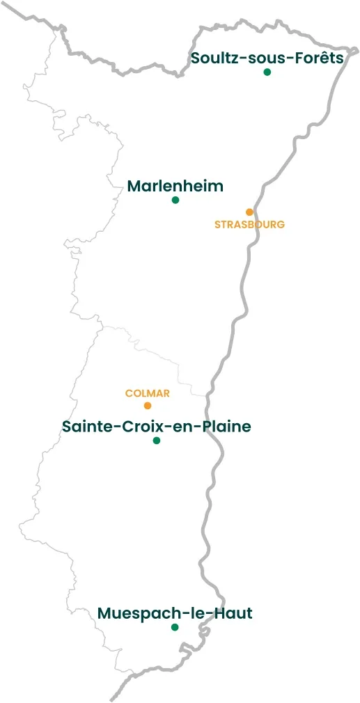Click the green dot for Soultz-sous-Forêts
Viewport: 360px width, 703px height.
(267, 72)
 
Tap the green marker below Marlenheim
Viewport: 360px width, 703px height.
(175, 200)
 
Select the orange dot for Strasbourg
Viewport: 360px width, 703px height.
(249, 212)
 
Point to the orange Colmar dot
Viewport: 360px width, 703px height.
(148, 406)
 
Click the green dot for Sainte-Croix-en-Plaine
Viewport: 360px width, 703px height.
(157, 441)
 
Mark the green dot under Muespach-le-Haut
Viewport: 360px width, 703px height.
(175, 627)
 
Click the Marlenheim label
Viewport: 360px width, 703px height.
(175, 187)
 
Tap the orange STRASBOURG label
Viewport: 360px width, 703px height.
(249, 225)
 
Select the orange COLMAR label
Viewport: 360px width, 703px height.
(148, 393)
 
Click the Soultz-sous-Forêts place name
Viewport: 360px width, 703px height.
(267, 58)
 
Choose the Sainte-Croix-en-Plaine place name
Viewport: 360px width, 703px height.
(157, 427)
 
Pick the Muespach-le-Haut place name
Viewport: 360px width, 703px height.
(175, 613)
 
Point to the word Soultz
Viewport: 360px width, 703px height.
(212, 58)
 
